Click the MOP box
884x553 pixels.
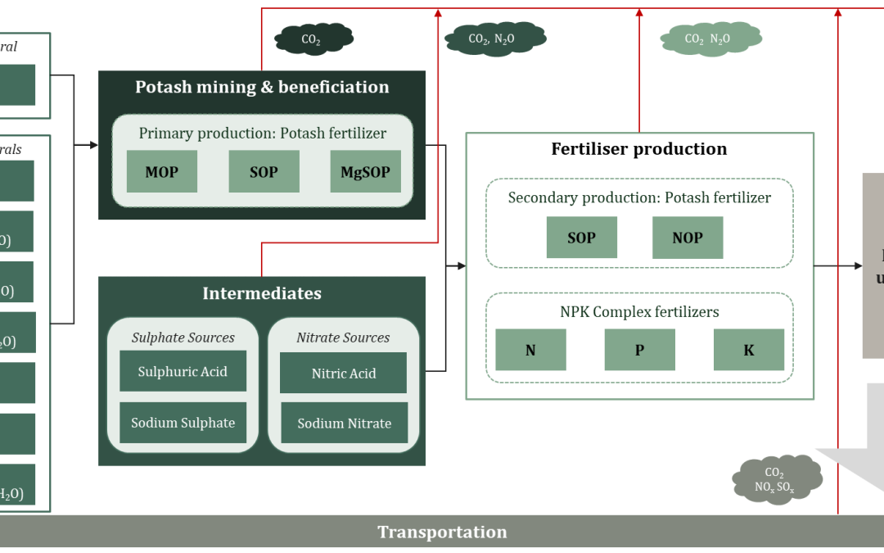pos(161,172)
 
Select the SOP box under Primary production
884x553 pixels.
pos(264,172)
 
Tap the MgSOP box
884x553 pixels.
pos(365,172)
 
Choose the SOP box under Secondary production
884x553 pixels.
pos(581,238)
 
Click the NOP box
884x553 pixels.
pos(688,238)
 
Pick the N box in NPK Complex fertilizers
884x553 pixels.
pos(530,350)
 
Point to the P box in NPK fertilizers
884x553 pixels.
pos(639,350)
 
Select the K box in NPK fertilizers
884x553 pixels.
pos(749,350)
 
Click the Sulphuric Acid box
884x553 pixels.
pos(183,372)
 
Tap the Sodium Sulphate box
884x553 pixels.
pos(183,423)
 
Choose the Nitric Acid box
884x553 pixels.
pos(344,373)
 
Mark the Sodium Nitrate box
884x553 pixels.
pos(344,424)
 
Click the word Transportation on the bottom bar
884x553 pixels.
pos(442,532)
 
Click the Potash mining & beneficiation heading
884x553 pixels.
pos(262,87)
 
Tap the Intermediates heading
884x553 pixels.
pos(262,293)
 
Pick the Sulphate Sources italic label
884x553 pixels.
pos(183,338)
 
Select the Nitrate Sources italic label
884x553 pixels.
pos(343,338)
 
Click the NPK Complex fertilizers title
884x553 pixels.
pos(639,311)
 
